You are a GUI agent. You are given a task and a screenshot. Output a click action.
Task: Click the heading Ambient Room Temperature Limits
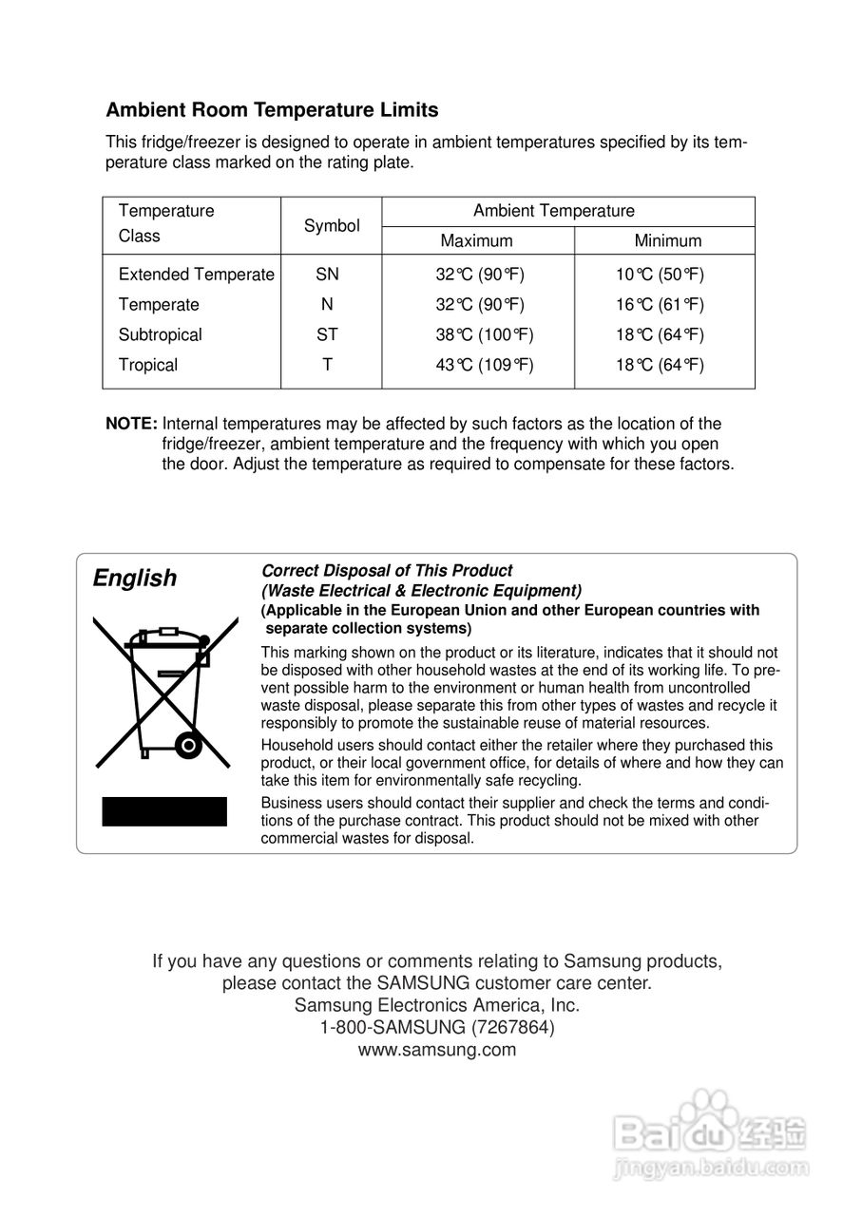(x=272, y=110)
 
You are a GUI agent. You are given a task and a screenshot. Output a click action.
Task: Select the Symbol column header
(x=332, y=226)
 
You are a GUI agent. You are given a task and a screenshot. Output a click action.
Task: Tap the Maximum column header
(x=476, y=241)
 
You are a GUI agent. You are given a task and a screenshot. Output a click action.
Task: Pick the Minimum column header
(x=667, y=241)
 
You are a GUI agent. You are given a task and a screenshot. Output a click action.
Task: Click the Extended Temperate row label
(x=196, y=275)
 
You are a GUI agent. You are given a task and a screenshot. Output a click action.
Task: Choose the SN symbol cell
(x=327, y=275)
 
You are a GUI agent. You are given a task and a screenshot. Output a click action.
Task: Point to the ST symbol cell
(x=327, y=334)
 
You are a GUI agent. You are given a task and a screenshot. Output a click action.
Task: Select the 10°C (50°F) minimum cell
(x=659, y=275)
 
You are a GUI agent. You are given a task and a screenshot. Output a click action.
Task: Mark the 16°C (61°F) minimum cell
(x=659, y=305)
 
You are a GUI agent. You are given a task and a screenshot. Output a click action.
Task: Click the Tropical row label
(x=148, y=365)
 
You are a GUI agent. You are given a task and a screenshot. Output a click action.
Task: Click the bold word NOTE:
(x=131, y=424)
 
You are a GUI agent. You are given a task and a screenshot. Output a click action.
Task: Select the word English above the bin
(x=135, y=579)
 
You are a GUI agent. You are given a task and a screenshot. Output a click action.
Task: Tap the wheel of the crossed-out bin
(x=188, y=746)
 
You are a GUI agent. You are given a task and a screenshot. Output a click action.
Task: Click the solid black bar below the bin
(x=164, y=811)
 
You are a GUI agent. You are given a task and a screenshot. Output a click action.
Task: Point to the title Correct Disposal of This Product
(x=387, y=571)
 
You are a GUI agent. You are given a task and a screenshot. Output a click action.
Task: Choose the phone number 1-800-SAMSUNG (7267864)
(x=437, y=1027)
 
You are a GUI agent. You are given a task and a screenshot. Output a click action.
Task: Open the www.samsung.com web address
(x=437, y=1050)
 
